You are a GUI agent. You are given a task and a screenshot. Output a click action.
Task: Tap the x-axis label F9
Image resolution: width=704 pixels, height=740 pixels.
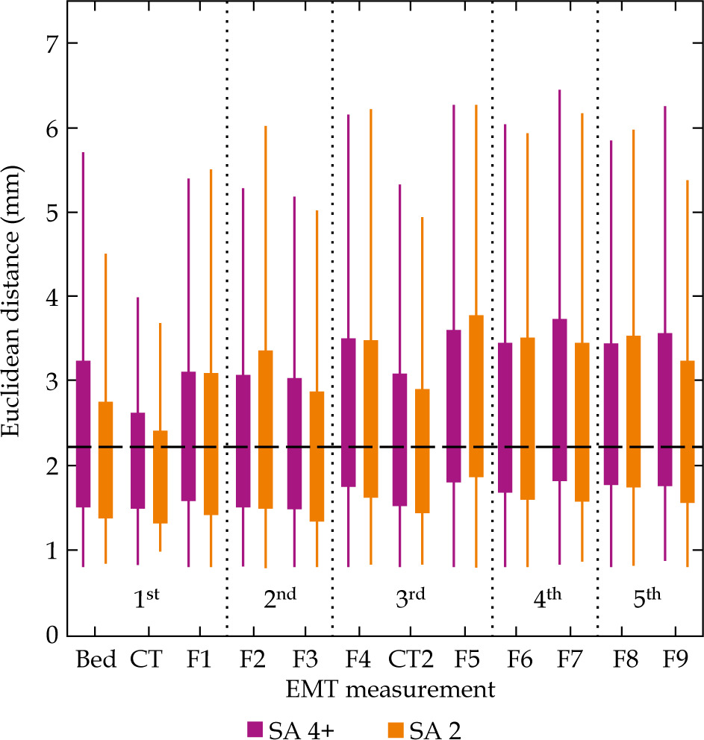(674, 661)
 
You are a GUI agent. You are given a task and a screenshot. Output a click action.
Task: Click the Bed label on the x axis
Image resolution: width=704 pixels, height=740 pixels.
(95, 661)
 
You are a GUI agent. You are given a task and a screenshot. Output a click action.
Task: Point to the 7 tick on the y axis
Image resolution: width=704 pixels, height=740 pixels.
(51, 43)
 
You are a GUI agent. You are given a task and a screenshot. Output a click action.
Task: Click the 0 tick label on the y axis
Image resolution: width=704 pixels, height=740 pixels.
(51, 635)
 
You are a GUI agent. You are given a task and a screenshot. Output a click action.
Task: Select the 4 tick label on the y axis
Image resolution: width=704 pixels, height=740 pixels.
(51, 297)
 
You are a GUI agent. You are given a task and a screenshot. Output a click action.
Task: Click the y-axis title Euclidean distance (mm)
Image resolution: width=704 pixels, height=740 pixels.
(16, 339)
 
